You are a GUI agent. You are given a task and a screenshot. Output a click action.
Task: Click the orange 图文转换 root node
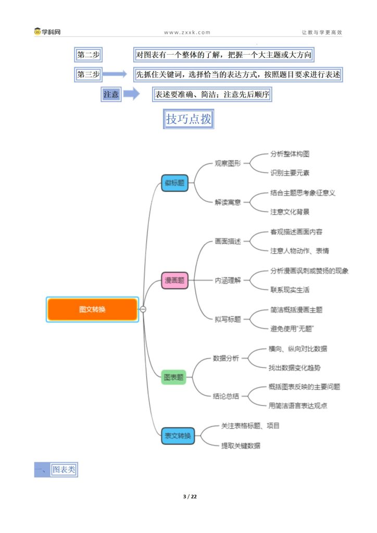click(92, 309)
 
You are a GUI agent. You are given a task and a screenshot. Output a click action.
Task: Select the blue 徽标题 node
click(175, 183)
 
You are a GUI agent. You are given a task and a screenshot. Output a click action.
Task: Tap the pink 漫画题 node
click(174, 280)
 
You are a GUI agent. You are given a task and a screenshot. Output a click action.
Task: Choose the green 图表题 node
click(173, 377)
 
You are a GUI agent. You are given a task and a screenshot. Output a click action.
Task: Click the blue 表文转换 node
click(178, 436)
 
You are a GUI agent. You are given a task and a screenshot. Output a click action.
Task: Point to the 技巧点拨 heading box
click(188, 119)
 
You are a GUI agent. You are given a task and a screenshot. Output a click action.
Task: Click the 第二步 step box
click(89, 55)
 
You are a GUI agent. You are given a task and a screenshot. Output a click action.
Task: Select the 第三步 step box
click(89, 74)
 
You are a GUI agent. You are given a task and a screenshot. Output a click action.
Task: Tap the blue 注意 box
click(111, 94)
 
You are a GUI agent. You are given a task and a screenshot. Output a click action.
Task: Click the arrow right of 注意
click(131, 94)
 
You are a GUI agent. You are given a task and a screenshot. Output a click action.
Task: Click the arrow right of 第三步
click(115, 74)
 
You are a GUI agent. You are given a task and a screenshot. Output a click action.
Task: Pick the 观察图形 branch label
click(228, 163)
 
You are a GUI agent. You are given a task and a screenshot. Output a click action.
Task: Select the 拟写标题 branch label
click(228, 319)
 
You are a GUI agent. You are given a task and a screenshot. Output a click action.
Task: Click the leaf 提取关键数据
click(241, 446)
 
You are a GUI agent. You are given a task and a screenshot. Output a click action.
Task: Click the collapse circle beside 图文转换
click(143, 309)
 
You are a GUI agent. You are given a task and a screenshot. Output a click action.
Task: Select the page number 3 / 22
click(190, 497)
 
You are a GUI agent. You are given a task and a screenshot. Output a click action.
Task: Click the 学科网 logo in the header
click(47, 32)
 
